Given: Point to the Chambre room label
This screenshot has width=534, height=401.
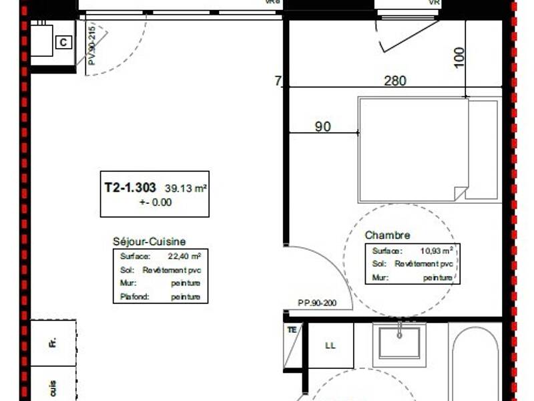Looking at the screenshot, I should [387, 235].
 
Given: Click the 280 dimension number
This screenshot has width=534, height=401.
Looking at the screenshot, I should [395, 81].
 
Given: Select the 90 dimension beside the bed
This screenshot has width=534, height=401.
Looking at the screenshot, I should [323, 126].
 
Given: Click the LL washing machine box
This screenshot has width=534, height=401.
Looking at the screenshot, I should [330, 346].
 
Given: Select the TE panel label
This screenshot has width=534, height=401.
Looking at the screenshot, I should [292, 329].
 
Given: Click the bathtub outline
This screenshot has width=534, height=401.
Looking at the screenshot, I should [475, 364].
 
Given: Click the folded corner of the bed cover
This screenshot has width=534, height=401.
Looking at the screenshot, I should [461, 194].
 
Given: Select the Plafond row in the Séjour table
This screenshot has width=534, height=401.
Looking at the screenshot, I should [160, 297].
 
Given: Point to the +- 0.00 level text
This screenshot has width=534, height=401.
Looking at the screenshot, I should [155, 203].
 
